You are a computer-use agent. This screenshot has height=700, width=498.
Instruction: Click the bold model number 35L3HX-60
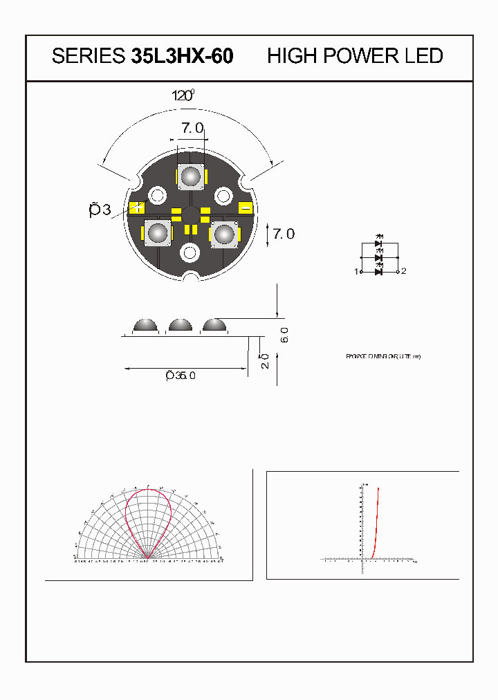(x=181, y=56)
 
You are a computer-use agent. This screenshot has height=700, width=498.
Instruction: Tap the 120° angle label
(x=184, y=95)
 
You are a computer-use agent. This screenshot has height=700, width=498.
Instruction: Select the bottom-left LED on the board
(x=158, y=234)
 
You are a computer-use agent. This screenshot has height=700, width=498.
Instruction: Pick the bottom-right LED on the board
(x=223, y=234)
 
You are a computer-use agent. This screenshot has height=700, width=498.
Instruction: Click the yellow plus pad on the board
(x=138, y=207)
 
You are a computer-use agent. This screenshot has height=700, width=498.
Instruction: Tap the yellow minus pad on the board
(x=246, y=208)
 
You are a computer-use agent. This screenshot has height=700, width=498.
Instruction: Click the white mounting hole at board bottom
(x=189, y=253)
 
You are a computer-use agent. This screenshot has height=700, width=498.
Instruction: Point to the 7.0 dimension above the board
(x=192, y=128)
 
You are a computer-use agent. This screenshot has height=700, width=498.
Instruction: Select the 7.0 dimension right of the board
(x=283, y=234)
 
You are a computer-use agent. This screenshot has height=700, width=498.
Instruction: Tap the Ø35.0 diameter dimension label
(x=181, y=376)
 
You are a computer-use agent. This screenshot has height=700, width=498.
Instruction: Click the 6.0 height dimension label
(x=284, y=335)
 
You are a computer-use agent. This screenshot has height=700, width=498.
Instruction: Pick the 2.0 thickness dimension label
(x=266, y=362)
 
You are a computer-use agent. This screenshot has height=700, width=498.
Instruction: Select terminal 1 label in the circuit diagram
(x=358, y=272)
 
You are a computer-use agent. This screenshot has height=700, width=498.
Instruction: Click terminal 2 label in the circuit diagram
(x=404, y=271)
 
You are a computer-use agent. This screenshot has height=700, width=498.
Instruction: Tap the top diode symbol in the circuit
(x=378, y=244)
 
